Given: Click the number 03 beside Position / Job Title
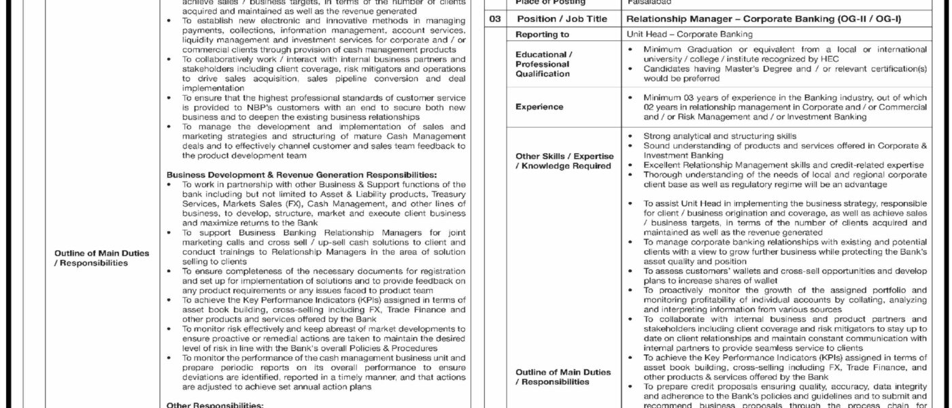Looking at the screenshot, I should [x=497, y=19].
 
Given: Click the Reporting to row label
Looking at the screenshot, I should [x=542, y=34].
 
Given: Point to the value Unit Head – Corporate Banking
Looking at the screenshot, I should [x=690, y=34].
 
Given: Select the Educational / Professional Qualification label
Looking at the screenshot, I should [x=543, y=64].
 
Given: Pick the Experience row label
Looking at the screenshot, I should [x=539, y=107].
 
